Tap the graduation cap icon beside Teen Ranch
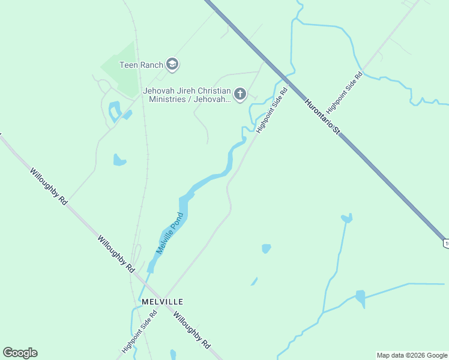coord(172,64)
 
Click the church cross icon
coord(240,94)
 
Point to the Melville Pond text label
coord(169,233)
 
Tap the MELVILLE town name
coord(161,301)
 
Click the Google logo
coord(20,353)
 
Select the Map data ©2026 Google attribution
coord(412,355)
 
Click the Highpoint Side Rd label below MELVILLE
coord(139,332)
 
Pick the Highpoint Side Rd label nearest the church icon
coord(272,110)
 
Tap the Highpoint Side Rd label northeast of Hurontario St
coord(345,89)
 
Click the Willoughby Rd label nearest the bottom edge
coord(192,329)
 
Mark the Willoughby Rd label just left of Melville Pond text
coord(116,253)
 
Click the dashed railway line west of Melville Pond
coord(143,180)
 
